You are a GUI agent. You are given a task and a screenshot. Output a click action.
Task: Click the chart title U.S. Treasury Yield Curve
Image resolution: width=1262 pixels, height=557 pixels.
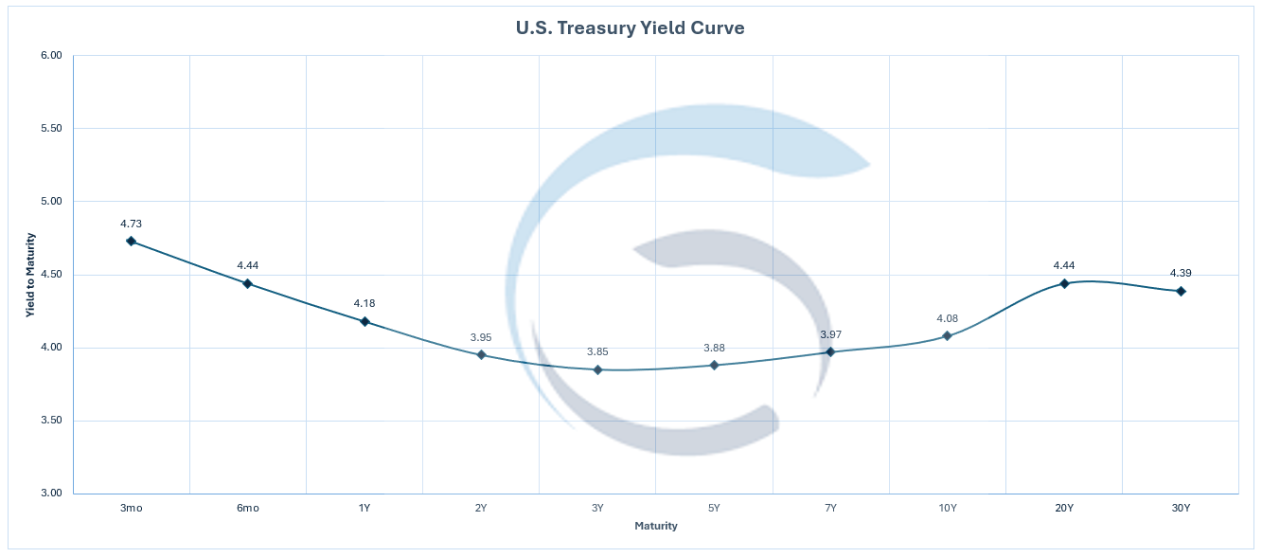630,28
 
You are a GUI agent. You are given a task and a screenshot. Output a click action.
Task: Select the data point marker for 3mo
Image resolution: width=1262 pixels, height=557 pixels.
131,242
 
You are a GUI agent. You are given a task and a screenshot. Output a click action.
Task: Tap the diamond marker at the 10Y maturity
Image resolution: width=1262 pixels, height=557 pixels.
947,335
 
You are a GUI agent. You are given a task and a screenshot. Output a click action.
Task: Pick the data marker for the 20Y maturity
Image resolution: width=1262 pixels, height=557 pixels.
1064,283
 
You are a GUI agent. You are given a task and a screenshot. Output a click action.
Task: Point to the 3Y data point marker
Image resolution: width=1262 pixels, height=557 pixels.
597,369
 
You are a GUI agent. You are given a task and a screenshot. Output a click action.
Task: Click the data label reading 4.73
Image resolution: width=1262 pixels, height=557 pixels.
131,224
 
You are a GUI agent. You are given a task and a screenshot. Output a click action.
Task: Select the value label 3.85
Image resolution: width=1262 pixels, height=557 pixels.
597,351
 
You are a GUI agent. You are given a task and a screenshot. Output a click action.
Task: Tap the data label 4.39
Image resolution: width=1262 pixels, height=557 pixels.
1181,273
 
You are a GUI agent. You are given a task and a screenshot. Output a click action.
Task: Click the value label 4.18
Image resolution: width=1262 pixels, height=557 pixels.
364,303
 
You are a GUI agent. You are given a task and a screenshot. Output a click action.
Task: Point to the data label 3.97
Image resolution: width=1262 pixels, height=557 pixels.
830,333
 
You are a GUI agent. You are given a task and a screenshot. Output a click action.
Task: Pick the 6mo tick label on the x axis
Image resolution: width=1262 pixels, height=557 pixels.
248,509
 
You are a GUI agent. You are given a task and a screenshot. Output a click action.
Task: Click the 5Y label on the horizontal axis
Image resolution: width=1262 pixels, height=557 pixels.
714,509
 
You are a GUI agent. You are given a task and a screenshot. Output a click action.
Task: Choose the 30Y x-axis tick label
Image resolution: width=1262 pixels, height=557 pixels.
1181,509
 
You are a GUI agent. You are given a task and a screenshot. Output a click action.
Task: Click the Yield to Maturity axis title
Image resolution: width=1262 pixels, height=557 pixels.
30,275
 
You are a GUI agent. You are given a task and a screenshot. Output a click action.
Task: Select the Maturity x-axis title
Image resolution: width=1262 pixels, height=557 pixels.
656,526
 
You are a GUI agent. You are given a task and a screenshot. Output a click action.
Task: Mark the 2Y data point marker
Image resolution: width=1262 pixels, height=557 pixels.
481,355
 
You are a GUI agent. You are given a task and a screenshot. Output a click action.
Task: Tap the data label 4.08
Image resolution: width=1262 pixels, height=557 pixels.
947,318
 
